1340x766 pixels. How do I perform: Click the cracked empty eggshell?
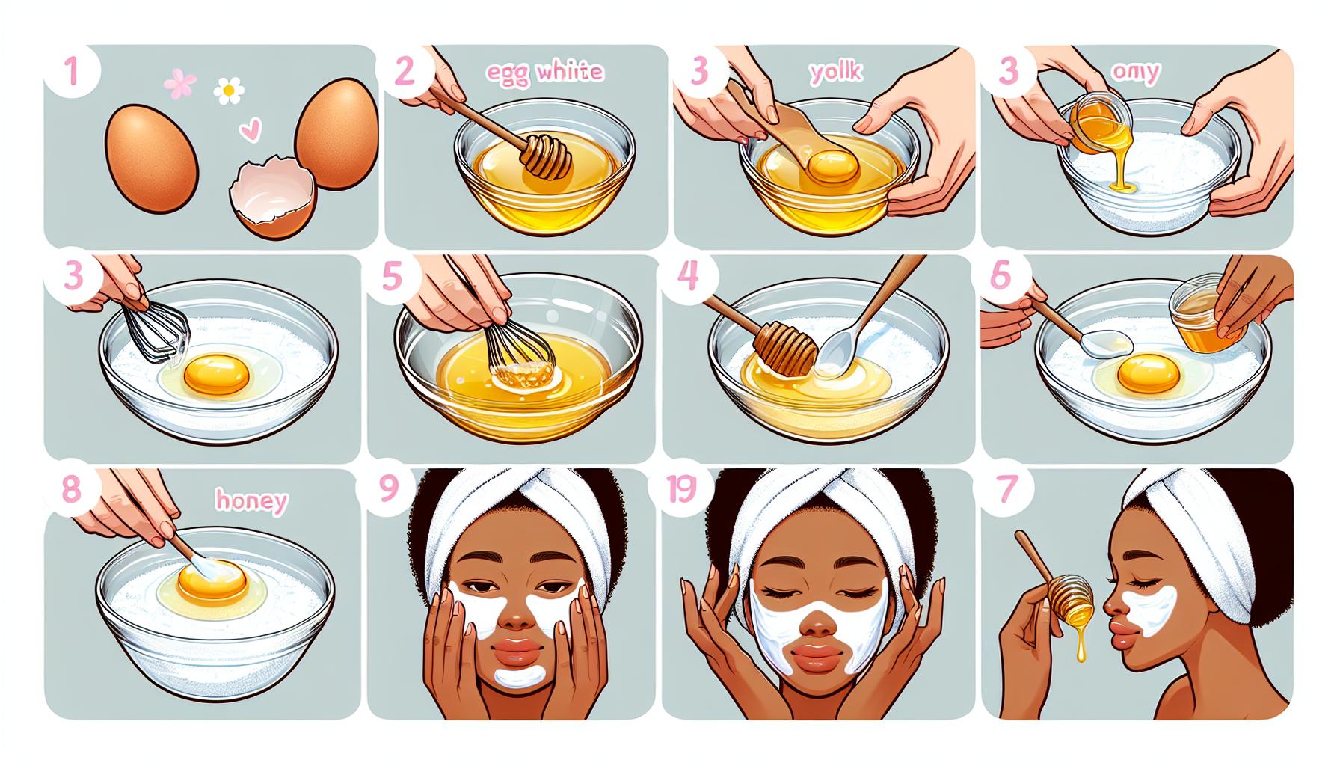(274, 187)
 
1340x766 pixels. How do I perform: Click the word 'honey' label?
(251, 501)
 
